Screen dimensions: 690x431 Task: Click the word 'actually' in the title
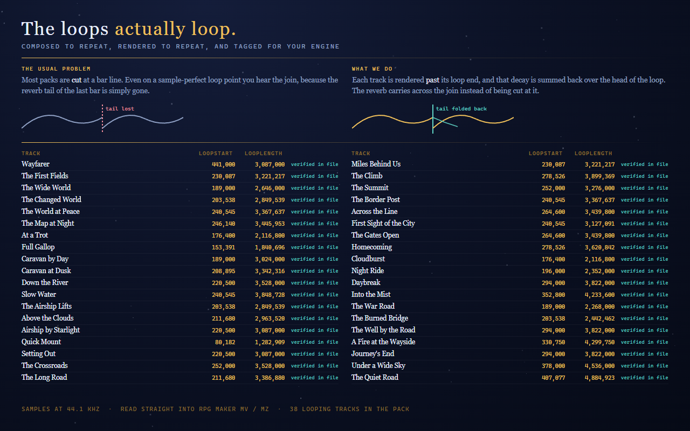[150, 29]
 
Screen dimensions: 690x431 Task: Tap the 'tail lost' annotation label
[120, 109]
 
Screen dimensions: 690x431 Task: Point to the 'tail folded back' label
[461, 109]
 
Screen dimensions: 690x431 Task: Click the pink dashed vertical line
[102, 119]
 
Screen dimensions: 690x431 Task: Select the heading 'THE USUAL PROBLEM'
[56, 68]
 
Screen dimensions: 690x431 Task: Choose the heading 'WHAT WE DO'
[372, 68]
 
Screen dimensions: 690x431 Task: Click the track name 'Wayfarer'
[36, 164]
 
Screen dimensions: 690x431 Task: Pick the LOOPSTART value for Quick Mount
[225, 342]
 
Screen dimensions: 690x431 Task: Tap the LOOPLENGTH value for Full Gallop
[270, 247]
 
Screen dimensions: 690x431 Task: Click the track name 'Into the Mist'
[371, 294]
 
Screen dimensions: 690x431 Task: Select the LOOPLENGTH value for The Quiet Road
[599, 378]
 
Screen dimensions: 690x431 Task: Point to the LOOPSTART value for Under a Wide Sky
[554, 366]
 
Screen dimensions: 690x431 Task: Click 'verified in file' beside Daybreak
[644, 283]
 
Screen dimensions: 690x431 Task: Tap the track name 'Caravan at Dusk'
[46, 270]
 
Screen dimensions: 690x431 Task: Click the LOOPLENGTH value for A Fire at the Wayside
[599, 342]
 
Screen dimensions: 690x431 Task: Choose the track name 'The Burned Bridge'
[380, 318]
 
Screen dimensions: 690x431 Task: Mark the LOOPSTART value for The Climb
[554, 176]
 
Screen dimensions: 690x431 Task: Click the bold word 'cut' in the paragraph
[77, 80]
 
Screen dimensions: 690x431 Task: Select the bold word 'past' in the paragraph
[432, 80]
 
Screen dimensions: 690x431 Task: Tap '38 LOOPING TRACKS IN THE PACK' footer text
[349, 409]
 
